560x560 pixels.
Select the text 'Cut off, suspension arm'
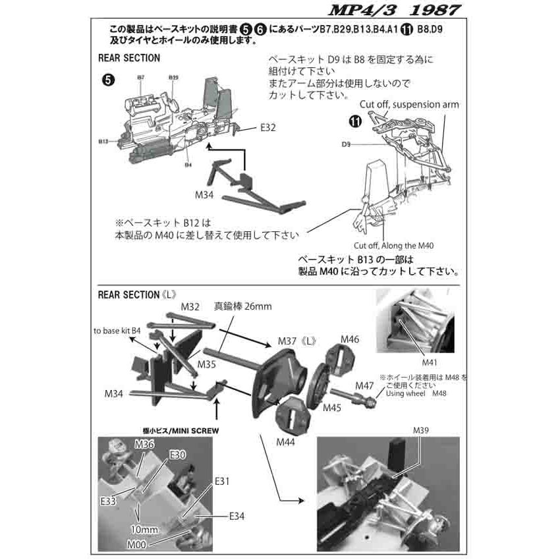[409, 105]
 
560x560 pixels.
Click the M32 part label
[190, 307]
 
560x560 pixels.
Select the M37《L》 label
[298, 341]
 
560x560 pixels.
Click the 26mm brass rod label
[242, 307]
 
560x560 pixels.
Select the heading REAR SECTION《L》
[139, 294]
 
